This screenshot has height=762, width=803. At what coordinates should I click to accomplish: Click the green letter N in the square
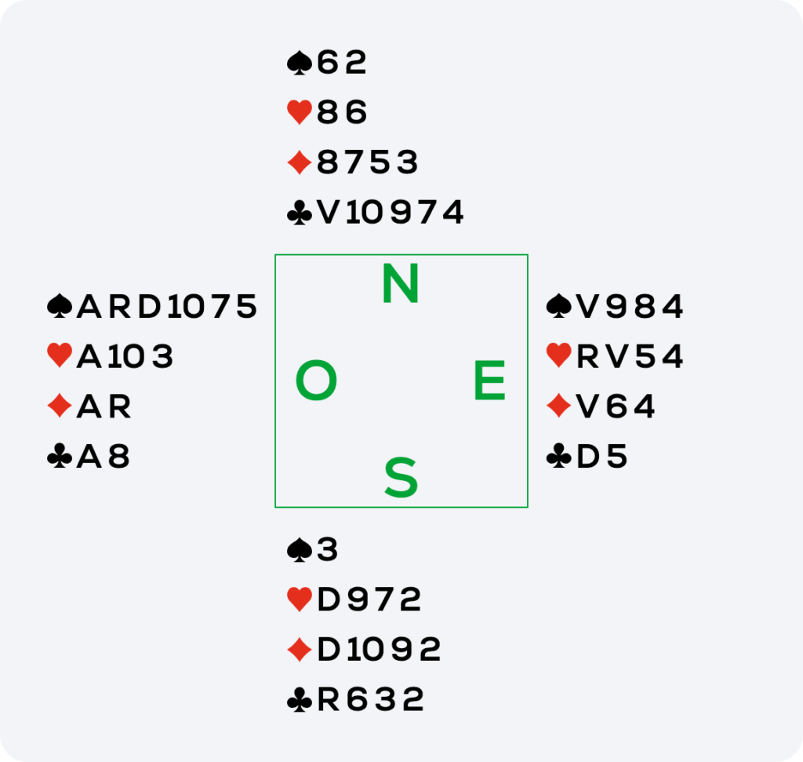(x=401, y=283)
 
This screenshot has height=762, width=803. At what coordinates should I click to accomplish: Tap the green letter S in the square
(x=401, y=478)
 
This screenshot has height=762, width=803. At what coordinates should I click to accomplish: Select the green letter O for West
(x=317, y=380)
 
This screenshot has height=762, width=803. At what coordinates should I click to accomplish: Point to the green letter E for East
(x=489, y=380)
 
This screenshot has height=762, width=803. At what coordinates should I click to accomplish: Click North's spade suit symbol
(x=300, y=63)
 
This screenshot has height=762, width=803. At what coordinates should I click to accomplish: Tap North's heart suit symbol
(x=300, y=112)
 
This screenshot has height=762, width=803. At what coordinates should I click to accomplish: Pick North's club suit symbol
(x=300, y=213)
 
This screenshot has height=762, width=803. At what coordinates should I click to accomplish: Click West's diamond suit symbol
(x=60, y=406)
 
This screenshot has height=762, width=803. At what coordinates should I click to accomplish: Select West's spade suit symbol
(x=60, y=306)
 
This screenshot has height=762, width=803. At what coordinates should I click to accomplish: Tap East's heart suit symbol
(x=558, y=355)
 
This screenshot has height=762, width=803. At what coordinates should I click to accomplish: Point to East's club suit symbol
(x=558, y=456)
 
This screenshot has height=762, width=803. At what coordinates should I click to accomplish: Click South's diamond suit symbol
(x=300, y=649)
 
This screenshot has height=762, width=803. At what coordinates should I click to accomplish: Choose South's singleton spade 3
(x=327, y=549)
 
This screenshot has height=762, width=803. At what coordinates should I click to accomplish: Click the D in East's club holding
(x=588, y=456)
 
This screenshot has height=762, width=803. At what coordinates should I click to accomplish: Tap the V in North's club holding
(x=329, y=213)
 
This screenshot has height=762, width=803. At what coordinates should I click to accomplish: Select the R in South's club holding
(x=329, y=699)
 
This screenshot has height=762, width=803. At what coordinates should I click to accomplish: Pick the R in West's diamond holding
(x=120, y=407)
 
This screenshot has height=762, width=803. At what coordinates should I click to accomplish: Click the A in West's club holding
(x=89, y=456)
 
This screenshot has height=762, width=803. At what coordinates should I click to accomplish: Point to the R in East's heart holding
(x=587, y=356)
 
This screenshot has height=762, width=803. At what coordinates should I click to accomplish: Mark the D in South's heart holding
(x=329, y=600)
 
